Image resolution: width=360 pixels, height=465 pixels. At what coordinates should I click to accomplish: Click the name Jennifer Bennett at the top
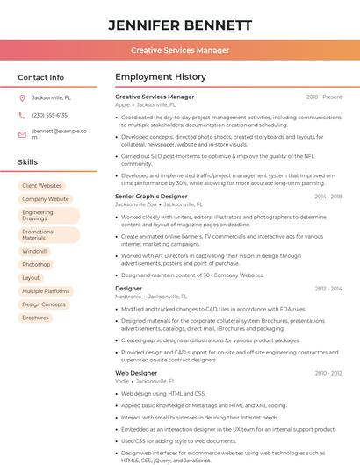point(180,25)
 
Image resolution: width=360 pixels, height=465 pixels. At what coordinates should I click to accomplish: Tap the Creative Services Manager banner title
point(180,50)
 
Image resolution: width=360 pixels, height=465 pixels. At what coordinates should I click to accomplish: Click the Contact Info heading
point(41,77)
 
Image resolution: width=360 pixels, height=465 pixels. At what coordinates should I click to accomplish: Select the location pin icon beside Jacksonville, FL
point(22,98)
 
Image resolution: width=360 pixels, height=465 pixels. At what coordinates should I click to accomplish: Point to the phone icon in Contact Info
point(22,115)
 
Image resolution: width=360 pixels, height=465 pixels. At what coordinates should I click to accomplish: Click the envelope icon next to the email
point(22,133)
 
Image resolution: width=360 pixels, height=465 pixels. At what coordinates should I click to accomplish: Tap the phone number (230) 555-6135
point(49,115)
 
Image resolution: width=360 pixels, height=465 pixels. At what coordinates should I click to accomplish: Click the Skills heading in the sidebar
point(28,162)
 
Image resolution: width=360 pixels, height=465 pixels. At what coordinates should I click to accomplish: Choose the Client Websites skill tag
point(42,186)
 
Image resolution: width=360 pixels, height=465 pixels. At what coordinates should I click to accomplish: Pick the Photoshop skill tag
point(36,264)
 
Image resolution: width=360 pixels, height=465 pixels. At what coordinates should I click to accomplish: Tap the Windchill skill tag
point(34,251)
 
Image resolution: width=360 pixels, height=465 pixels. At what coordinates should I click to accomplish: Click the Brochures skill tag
point(35,318)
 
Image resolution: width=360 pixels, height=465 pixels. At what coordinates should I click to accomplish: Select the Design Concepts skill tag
point(44,304)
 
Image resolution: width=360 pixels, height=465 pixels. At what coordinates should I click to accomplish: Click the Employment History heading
point(161,77)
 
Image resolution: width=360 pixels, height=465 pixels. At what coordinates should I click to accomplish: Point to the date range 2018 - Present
point(324,97)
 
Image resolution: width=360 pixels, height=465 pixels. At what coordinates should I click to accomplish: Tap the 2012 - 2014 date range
point(328,288)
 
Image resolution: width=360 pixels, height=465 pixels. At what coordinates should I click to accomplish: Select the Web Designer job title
point(136,373)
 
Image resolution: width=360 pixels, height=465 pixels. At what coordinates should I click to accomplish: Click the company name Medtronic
point(127,297)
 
